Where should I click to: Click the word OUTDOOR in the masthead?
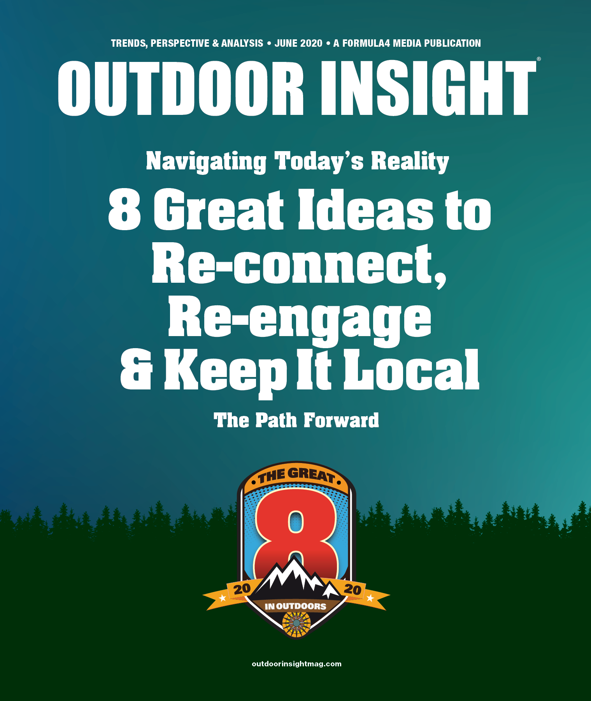coord(181,88)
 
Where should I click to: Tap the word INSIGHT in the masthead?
coord(428,88)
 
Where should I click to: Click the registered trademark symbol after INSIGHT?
coord(538,59)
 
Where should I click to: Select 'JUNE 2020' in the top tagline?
coord(298,43)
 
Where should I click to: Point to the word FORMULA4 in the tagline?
coord(366,43)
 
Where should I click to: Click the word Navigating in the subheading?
coord(206,162)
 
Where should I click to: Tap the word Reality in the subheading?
coord(410,162)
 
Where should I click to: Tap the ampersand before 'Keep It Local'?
coord(136,370)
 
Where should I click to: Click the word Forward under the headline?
coord(341,421)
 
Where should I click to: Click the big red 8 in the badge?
coord(296,537)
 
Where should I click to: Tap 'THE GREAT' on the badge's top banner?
coord(296,476)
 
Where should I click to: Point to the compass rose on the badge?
coord(296,624)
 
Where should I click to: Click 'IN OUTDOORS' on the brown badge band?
coord(295,606)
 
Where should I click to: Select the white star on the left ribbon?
coord(223,598)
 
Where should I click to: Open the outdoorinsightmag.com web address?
coord(297,664)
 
